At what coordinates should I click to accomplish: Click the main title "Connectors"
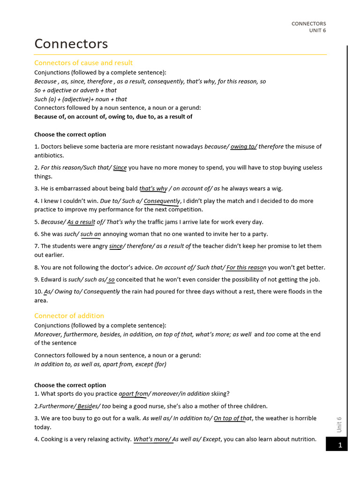pos(71,44)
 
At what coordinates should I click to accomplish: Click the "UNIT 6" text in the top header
pos(317,31)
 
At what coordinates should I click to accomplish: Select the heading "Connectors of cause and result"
pos(83,63)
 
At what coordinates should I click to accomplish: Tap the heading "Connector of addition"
pos(69,316)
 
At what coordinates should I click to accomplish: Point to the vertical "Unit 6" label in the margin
pos(339,424)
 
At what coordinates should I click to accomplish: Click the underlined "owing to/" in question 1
pos(243,147)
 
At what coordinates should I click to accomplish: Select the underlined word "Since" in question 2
pos(120,168)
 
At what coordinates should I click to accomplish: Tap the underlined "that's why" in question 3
pos(153,189)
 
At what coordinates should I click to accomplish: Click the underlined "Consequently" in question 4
pos(162,201)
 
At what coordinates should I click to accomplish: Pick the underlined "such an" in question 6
pos(90,234)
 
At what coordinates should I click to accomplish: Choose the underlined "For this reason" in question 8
pos(246,268)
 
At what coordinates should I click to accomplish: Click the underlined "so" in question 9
pos(112,280)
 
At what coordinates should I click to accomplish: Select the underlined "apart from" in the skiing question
pos(133,394)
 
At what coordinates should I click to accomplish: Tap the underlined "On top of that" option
pos(232,418)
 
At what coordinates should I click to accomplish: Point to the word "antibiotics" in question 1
pos(49,156)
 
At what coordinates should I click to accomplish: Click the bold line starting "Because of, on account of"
pos(113,117)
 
